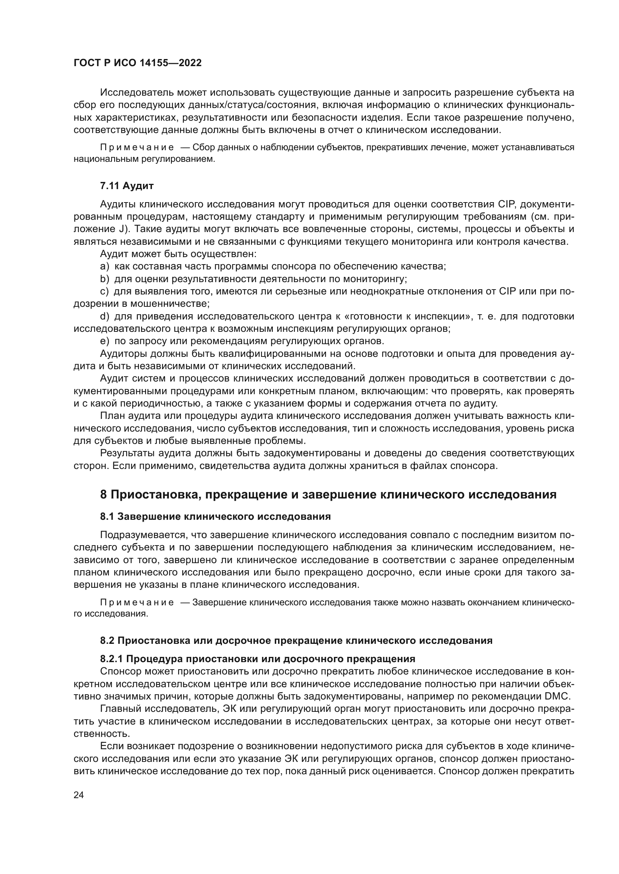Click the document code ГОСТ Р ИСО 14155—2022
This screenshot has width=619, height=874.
(137, 63)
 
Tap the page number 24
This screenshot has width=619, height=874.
(79, 794)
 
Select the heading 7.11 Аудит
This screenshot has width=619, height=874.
(126, 186)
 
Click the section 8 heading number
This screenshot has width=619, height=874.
(103, 494)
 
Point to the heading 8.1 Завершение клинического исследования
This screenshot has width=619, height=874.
(215, 516)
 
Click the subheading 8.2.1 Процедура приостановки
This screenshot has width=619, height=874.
(257, 658)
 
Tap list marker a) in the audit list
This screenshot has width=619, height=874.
(104, 266)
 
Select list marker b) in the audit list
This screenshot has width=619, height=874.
(104, 279)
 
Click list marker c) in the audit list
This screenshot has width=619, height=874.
(104, 291)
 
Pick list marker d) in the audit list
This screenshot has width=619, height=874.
(104, 316)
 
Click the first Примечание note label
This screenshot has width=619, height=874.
(137, 147)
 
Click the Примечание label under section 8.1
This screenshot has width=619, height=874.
(137, 603)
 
